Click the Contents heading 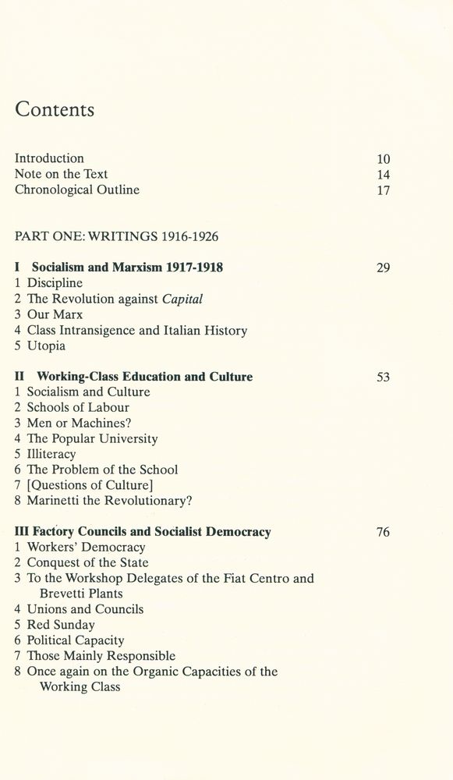(x=55, y=110)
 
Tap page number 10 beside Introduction (x=383, y=159)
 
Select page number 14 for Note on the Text (x=383, y=175)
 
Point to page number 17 (x=383, y=190)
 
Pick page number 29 (x=383, y=268)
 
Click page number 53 (x=383, y=377)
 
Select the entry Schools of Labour (x=78, y=407)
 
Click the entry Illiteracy (x=51, y=454)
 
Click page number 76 (x=383, y=532)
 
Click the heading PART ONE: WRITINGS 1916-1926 (x=115, y=232)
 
